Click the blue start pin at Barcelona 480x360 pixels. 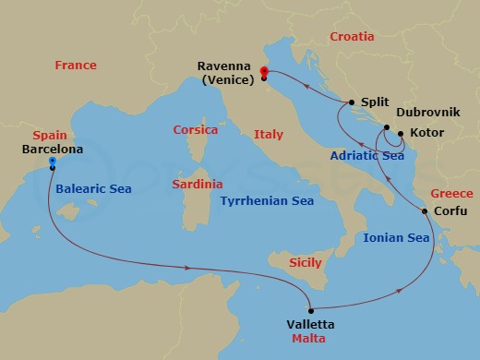point(53,163)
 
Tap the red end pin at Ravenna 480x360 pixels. point(264,74)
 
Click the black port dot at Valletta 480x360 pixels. point(311,310)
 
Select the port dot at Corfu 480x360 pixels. point(425,211)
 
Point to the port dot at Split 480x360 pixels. point(352,103)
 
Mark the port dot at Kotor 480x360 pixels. point(401,134)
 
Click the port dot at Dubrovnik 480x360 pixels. point(387,127)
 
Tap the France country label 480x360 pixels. point(76,66)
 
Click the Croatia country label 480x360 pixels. point(352,37)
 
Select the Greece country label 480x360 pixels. point(451,194)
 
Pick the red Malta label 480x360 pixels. point(309,340)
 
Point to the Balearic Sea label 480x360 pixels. point(93,188)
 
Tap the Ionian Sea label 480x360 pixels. point(396,237)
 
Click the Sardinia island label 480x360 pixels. point(198,185)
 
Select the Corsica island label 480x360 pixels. point(196,130)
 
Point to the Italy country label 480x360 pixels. point(269,135)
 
